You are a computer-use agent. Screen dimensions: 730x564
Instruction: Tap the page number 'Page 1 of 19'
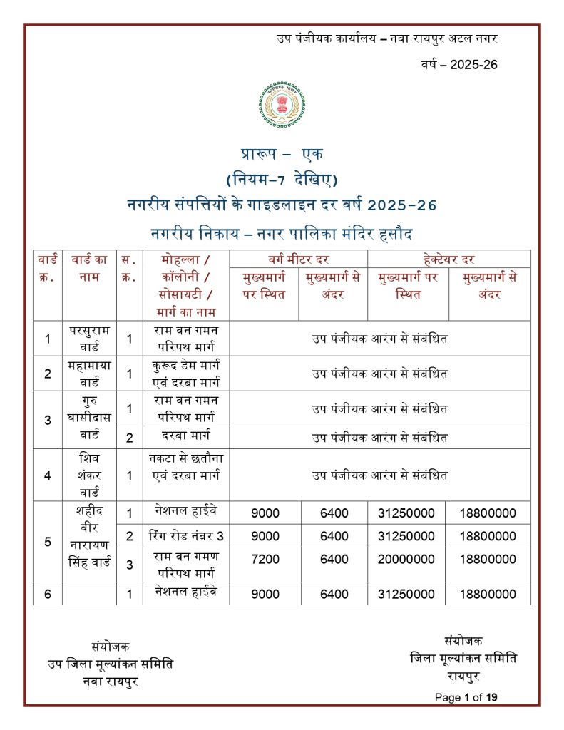tap(466, 697)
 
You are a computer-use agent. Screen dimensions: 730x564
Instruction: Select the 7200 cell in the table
tap(265, 560)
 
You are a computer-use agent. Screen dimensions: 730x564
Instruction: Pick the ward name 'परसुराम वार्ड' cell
tap(89, 339)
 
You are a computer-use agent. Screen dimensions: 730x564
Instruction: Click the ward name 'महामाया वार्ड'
tap(89, 374)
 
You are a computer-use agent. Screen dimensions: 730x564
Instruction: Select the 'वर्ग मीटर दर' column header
tap(298, 259)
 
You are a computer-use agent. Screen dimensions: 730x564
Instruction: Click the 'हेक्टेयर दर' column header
tap(449, 259)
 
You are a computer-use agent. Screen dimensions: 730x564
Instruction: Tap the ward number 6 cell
tap(48, 594)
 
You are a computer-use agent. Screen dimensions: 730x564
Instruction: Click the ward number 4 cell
tap(48, 475)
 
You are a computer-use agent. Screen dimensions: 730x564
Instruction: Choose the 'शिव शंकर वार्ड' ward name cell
tap(89, 475)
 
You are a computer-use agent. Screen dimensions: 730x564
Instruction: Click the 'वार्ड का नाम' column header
tap(89, 268)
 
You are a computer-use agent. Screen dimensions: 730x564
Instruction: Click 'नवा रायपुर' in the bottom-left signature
tap(111, 680)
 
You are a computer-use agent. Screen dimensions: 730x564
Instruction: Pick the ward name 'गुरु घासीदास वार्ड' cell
tap(89, 419)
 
